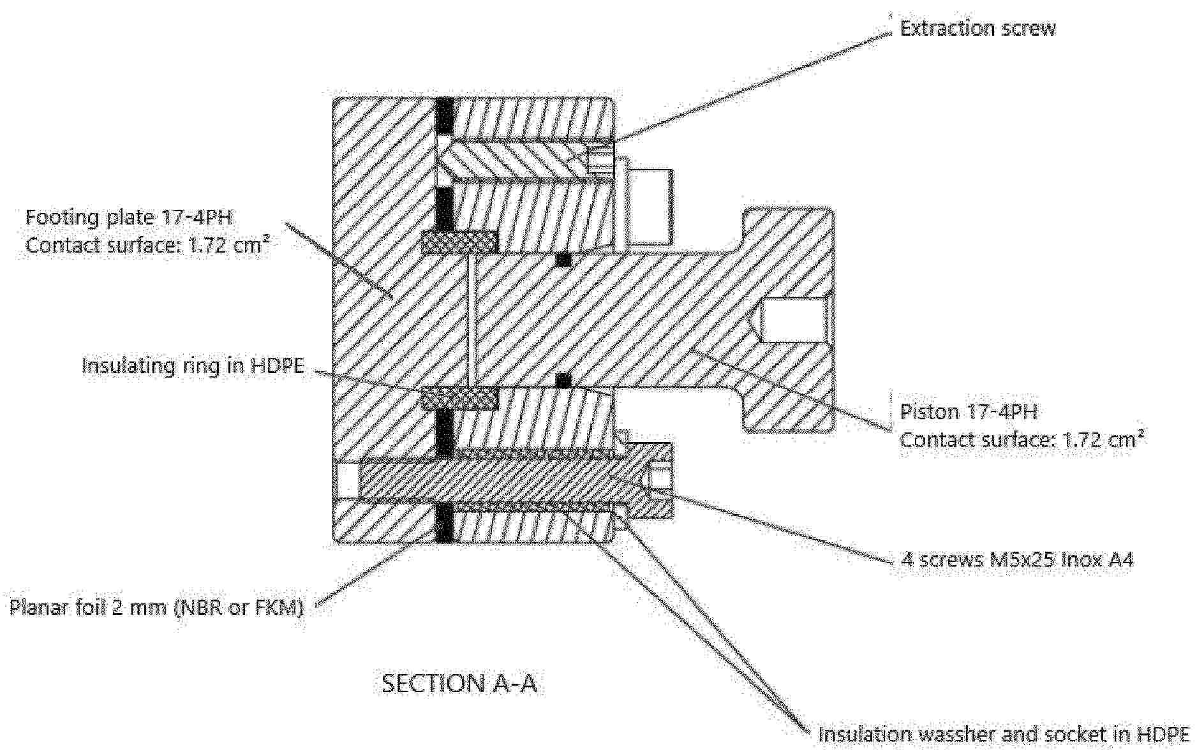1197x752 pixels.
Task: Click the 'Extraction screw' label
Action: (977, 29)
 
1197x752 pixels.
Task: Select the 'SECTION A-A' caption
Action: (459, 683)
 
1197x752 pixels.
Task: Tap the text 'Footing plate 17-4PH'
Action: (128, 217)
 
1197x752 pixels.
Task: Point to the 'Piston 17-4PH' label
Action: (968, 412)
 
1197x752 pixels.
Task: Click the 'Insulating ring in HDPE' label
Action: (193, 366)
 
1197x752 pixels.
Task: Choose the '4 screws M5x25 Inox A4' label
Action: (1016, 560)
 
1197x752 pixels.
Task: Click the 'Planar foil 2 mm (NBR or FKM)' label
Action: (156, 607)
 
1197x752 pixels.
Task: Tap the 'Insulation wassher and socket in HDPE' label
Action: (1003, 734)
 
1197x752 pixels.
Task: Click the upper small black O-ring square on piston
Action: (563, 260)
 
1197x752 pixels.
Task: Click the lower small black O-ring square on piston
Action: (563, 381)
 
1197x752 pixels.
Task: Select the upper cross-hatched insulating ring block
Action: (459, 242)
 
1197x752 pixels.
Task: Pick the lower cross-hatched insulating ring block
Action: (459, 398)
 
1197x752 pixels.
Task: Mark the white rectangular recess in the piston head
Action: (793, 321)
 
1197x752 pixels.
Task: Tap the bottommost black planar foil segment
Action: (444, 523)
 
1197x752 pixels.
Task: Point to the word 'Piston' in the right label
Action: (926, 412)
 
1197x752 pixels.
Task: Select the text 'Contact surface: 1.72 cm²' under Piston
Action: (1022, 439)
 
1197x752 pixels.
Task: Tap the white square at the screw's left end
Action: (346, 480)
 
